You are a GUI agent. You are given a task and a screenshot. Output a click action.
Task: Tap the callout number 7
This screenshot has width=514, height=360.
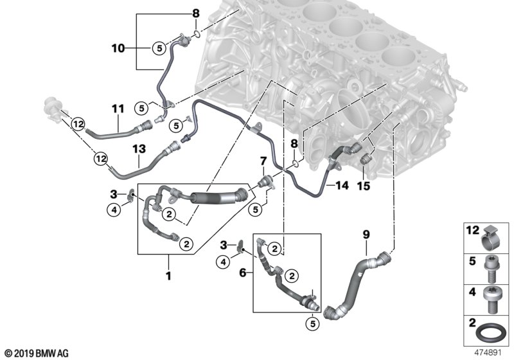pyautogui.click(x=262, y=159)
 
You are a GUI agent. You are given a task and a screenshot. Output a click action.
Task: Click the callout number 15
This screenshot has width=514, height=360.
pyautogui.click(x=364, y=186)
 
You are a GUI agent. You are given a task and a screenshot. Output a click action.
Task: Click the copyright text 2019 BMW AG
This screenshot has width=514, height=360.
pyautogui.click(x=36, y=353)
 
